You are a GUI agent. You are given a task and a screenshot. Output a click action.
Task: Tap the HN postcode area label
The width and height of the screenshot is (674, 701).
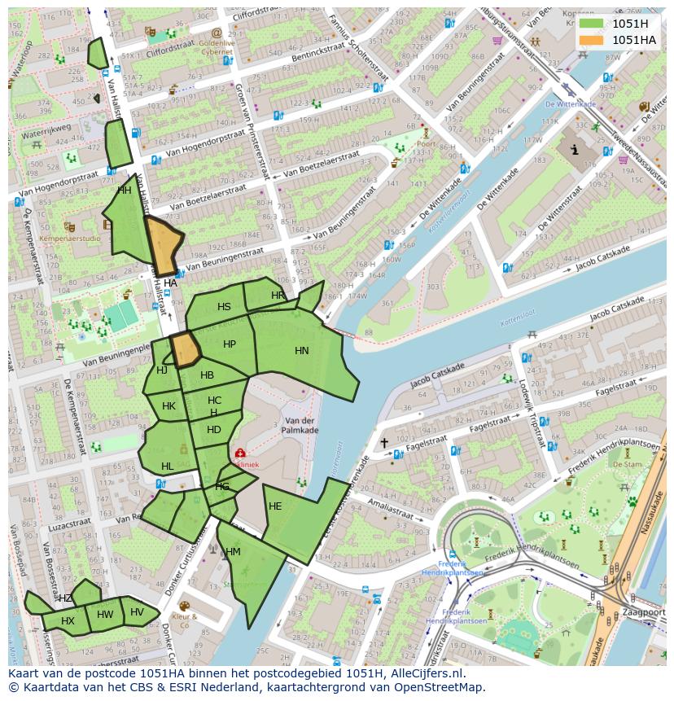coord(302,351)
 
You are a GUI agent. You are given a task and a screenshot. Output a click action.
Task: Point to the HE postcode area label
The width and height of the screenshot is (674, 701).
coord(275,506)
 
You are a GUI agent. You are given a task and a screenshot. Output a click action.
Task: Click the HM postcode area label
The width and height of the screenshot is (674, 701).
coord(233,552)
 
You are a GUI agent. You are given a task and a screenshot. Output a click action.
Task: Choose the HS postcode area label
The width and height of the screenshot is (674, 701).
coord(224,307)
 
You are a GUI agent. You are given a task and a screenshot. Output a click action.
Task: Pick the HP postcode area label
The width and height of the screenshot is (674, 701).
coord(230,344)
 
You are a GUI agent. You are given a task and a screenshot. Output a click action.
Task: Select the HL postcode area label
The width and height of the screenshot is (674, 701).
coord(167,467)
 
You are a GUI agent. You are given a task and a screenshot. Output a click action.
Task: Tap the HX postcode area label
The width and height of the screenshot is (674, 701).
coord(68,621)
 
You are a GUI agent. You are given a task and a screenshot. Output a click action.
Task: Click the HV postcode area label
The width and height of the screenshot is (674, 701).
coord(137,612)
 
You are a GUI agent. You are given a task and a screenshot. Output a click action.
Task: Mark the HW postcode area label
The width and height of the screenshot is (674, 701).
coord(105,615)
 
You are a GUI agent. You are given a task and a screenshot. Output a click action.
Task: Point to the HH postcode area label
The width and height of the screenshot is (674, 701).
coord(124,191)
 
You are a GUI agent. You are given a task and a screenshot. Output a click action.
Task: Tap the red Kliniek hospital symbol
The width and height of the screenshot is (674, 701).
coord(240,453)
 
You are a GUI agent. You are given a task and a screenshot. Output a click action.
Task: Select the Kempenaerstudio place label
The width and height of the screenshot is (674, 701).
coord(69,239)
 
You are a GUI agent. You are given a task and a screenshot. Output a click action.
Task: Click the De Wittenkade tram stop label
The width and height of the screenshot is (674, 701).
coord(571,104)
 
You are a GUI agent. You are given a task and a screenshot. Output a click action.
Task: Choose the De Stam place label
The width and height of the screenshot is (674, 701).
coord(627,465)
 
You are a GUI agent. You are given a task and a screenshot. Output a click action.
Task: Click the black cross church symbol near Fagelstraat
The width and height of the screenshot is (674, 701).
coord(384,443)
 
